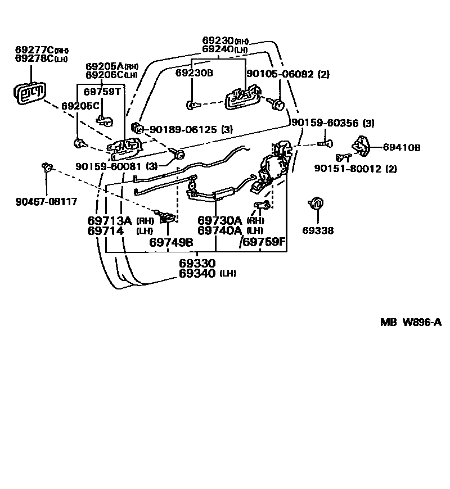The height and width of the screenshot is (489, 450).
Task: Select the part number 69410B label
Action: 402,148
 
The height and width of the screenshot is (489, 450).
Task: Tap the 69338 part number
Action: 318,230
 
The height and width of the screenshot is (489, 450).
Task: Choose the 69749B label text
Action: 171,242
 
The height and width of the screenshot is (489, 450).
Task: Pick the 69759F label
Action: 264,242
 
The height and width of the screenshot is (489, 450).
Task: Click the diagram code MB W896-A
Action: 411,323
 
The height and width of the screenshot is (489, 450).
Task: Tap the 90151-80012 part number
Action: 355,168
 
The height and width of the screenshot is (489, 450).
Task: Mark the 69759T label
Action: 102,92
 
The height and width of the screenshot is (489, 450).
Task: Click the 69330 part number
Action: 197,263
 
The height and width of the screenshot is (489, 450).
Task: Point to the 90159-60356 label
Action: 325,123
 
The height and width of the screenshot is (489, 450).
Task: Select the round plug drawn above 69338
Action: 316,203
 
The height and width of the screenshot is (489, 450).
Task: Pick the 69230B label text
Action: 193,73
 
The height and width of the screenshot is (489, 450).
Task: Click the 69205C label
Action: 80,105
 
